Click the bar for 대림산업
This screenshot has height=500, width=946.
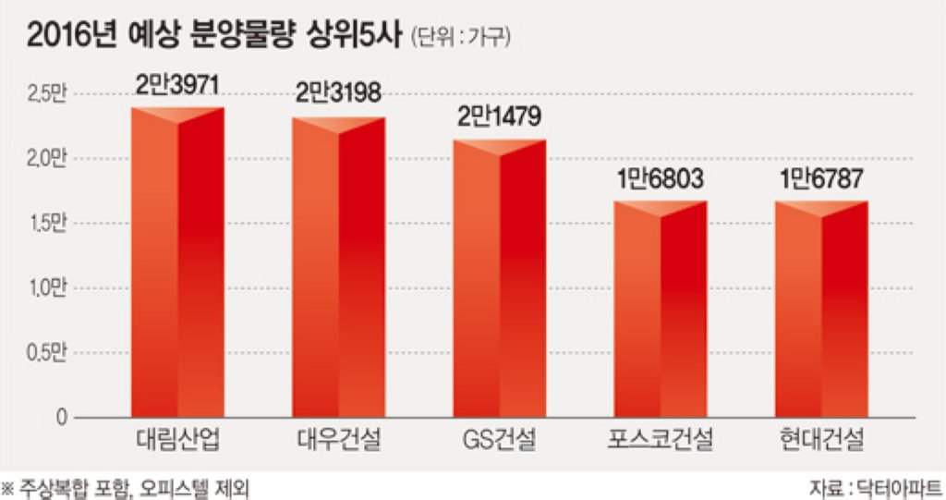coord(177,262)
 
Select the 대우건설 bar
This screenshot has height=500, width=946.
coord(338,267)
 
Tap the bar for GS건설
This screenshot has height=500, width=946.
coord(500,278)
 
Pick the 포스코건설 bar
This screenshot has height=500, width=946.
coord(660,309)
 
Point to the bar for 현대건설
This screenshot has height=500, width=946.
coord(821,309)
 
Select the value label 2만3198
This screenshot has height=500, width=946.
coord(338,93)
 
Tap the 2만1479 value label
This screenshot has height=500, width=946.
coord(499,116)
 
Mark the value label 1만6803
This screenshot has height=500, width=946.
coord(660,178)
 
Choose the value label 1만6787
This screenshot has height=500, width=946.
coord(821,178)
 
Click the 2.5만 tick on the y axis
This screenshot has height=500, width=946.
coord(46,95)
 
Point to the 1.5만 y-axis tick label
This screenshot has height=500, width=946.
coord(46,224)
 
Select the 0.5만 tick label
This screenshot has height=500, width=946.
coord(46,353)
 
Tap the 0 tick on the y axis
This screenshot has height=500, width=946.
coord(61,417)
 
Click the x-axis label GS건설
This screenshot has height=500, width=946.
coord(500,440)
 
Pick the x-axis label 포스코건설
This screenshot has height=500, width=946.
coord(660,440)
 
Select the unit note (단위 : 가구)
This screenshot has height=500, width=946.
coord(461,38)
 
